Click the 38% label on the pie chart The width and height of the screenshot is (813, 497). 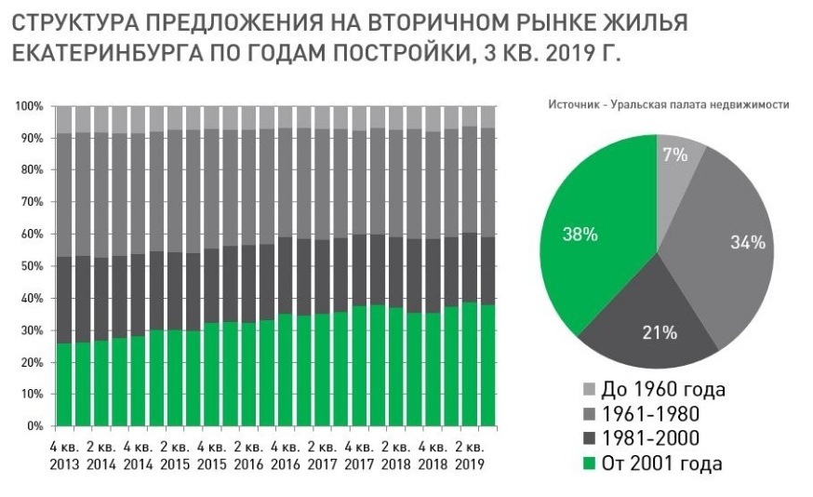(x=580, y=235)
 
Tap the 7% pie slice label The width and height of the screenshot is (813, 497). (x=676, y=155)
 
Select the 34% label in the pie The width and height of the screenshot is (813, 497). (x=747, y=243)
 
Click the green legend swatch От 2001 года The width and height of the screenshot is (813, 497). (x=588, y=463)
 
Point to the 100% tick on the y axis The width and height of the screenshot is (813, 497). (x=29, y=107)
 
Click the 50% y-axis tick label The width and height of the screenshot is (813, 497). (x=32, y=266)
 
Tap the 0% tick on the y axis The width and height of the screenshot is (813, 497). (x=35, y=426)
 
